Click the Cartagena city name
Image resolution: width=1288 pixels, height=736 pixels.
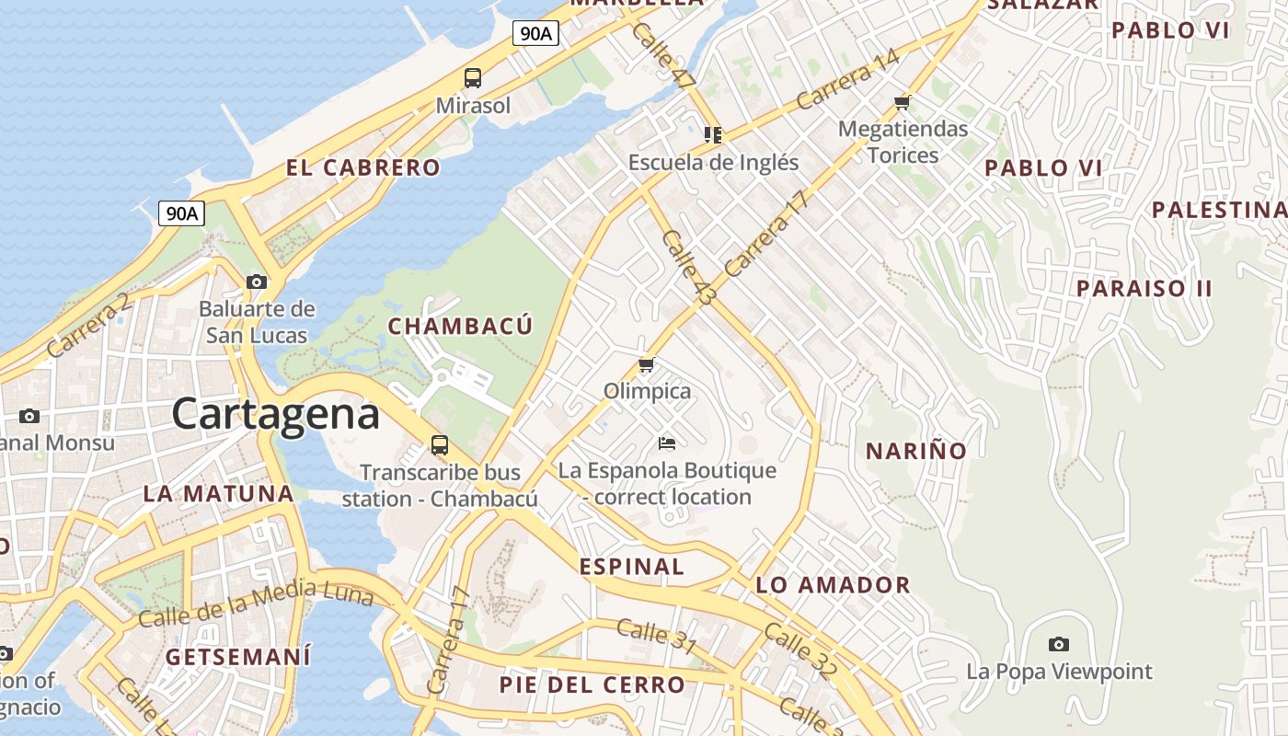pyautogui.click(x=275, y=414)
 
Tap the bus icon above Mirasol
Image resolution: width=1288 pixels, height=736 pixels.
pyautogui.click(x=473, y=78)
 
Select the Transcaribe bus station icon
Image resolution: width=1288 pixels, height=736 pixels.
pyautogui.click(x=440, y=446)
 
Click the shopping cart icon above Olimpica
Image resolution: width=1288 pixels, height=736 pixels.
pyautogui.click(x=647, y=365)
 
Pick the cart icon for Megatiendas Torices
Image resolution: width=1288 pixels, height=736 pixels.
pyautogui.click(x=903, y=102)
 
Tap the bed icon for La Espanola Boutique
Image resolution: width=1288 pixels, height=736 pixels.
pyautogui.click(x=667, y=443)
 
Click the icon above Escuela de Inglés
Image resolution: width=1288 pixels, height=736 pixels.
pyautogui.click(x=713, y=135)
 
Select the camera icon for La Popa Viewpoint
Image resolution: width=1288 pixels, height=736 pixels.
pyautogui.click(x=1059, y=644)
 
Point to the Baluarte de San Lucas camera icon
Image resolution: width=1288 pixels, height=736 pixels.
pyautogui.click(x=257, y=282)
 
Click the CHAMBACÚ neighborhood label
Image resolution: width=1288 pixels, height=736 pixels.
pyautogui.click(x=460, y=326)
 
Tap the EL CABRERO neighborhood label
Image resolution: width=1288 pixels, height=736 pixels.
pyautogui.click(x=362, y=167)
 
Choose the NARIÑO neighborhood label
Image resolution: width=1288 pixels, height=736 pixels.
pyautogui.click(x=916, y=451)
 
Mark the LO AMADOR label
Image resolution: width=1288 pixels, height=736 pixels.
pyautogui.click(x=833, y=585)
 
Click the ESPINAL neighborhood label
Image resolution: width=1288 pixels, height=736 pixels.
pyautogui.click(x=632, y=567)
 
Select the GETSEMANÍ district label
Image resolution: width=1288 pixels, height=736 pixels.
pyautogui.click(x=237, y=657)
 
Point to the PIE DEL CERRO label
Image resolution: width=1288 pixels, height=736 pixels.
pyautogui.click(x=592, y=684)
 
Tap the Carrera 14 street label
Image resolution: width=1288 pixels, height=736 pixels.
pyautogui.click(x=847, y=79)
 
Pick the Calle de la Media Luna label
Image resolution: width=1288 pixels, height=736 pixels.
pyautogui.click(x=256, y=604)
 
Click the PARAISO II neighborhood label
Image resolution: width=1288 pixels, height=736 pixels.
pyautogui.click(x=1144, y=288)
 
